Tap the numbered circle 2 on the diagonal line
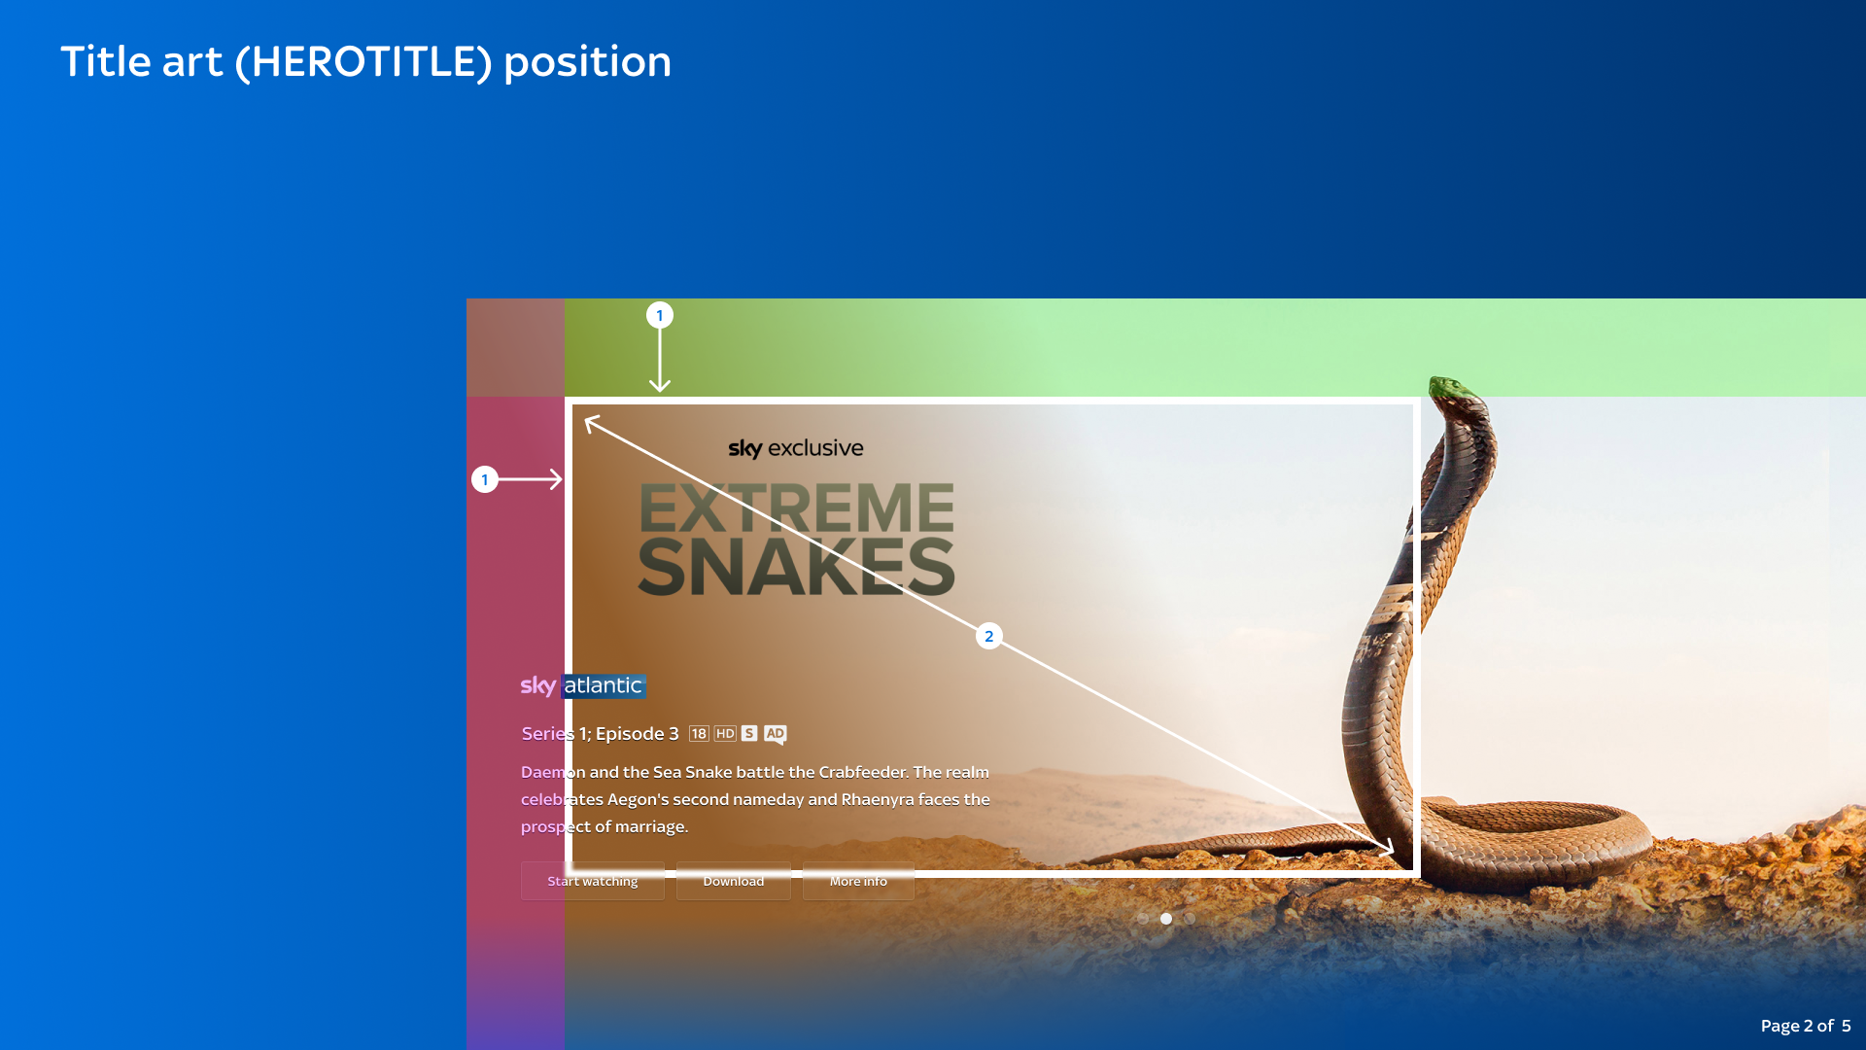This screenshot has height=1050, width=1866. point(988,636)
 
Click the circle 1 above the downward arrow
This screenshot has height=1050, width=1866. point(660,315)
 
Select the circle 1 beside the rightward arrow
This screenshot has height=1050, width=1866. point(485,479)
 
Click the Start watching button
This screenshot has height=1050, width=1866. point(593,881)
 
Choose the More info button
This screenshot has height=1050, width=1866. point(858,881)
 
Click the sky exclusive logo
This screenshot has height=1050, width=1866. point(796,448)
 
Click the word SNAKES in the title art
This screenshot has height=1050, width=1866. point(797,567)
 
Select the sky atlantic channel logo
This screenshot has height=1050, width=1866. point(583,685)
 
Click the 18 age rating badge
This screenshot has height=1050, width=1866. point(699,733)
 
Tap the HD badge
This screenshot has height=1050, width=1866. point(725,733)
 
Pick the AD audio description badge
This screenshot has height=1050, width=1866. point(775,734)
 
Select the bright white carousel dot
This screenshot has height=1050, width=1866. point(1166,918)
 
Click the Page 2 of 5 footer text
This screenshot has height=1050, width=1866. point(1806,1026)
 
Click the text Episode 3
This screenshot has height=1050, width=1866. point(638,734)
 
